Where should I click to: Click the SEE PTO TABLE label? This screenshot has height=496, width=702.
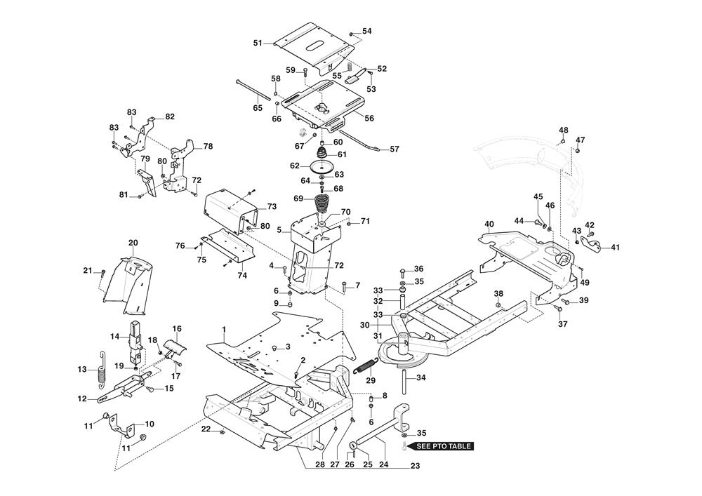(x=445, y=445)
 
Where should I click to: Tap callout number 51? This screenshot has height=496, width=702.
(x=258, y=43)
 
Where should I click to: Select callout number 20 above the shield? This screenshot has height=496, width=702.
(x=133, y=242)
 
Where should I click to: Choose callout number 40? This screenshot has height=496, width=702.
(x=489, y=224)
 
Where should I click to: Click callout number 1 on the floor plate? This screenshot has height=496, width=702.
(x=224, y=329)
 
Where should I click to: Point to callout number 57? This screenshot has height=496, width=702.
(x=394, y=149)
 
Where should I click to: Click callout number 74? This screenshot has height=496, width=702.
(x=241, y=276)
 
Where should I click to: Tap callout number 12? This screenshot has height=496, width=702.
(x=83, y=398)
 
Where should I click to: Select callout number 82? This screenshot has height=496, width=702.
(x=169, y=116)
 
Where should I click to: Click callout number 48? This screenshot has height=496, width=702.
(x=564, y=130)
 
